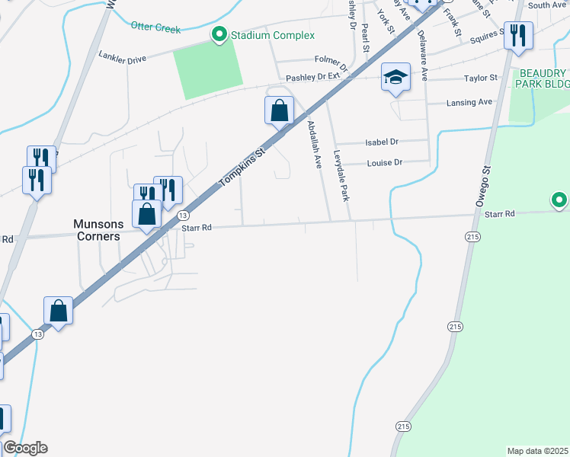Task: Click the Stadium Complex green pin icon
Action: point(219,34)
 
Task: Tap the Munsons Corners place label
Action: point(97,230)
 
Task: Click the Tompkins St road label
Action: point(242,168)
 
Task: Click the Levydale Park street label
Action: point(341,175)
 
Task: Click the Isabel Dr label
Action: point(383,142)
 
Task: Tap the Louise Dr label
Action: point(384,162)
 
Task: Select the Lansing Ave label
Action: point(469,102)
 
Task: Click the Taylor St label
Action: point(480,78)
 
